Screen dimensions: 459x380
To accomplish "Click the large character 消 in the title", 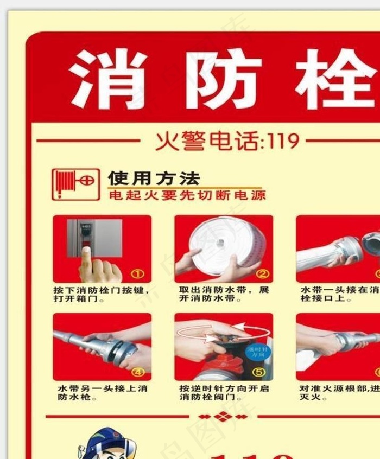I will pyautogui.click(x=109, y=79).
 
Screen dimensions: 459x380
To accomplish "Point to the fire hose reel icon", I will pyautogui.click(x=76, y=184).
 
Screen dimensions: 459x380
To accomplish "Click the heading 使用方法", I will pyautogui.click(x=154, y=178).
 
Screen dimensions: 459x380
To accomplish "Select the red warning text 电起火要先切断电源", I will pyautogui.click(x=187, y=195).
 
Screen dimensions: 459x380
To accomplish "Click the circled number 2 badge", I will pyautogui.click(x=262, y=274).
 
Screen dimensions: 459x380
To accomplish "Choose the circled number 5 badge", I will pyautogui.click(x=259, y=372).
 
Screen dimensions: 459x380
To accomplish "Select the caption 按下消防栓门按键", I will pyautogui.click(x=100, y=290).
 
